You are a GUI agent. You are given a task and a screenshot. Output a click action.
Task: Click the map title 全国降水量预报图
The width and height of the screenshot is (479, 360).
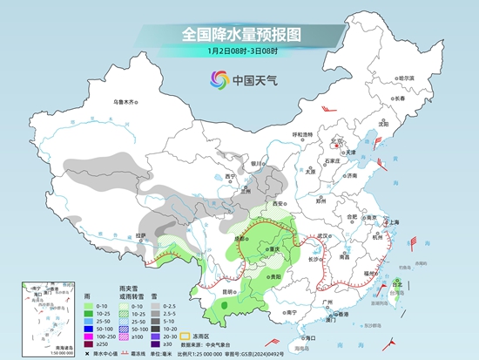coord(239,34)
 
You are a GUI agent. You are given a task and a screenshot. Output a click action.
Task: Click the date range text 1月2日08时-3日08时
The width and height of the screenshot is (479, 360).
coord(239,53)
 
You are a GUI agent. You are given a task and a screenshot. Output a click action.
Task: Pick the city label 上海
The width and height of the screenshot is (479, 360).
coord(393,222)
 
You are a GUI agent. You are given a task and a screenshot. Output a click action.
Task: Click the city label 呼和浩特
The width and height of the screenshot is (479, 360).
coord(302,135)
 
